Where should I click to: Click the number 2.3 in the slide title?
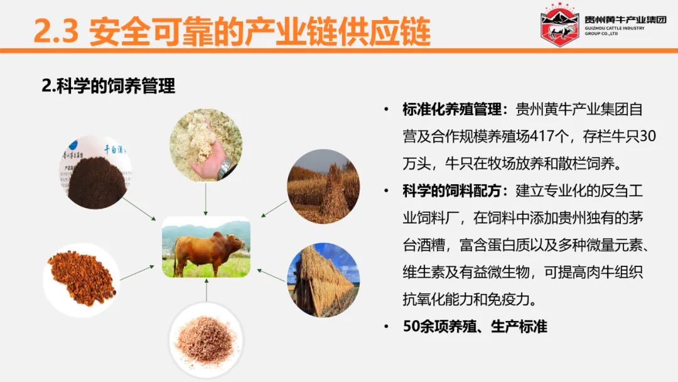click(56, 31)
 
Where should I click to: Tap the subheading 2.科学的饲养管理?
click(109, 85)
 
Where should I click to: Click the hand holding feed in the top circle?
click(212, 156)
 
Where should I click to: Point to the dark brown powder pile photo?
click(96, 172)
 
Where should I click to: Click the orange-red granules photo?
click(82, 280)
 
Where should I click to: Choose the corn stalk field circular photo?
click(323, 187)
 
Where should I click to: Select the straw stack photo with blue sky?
click(323, 280)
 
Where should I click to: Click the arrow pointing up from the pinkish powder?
click(207, 290)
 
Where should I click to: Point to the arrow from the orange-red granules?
click(137, 273)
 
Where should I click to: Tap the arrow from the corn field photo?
click(274, 209)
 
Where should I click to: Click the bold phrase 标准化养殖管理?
click(452, 109)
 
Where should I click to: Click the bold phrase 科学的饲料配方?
click(452, 191)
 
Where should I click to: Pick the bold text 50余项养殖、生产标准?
click(475, 326)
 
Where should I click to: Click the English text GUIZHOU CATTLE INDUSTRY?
click(615, 28)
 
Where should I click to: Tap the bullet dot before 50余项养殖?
click(386, 327)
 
